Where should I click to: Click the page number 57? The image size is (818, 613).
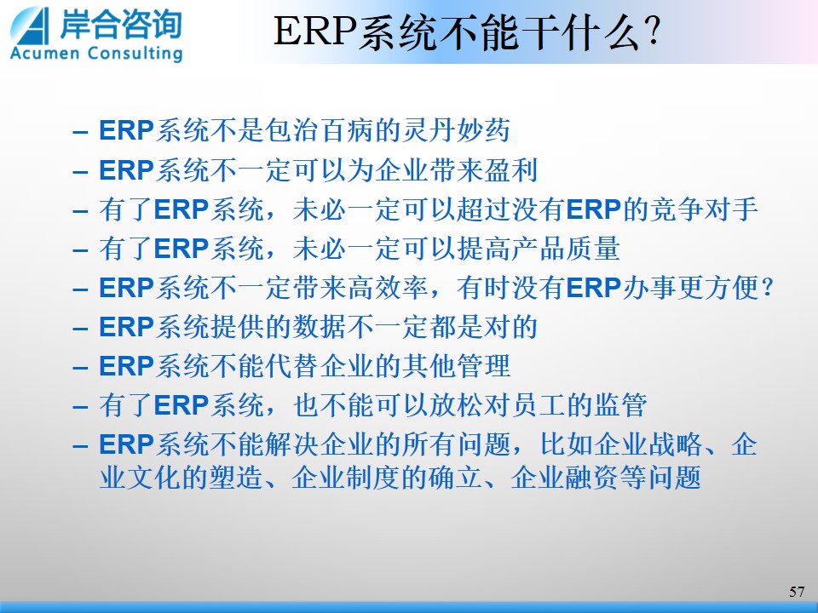coord(797,592)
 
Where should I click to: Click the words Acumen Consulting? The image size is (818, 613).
coord(96,54)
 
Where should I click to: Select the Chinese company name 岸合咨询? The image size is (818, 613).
coord(121,24)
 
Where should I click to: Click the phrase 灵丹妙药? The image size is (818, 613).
coord(456,130)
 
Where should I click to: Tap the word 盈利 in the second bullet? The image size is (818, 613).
coord(511,170)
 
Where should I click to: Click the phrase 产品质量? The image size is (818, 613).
coord(567,248)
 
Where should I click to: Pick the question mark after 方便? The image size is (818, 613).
coord(768,287)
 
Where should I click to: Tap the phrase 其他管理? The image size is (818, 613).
coord(456,366)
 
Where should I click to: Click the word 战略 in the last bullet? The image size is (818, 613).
coord(675,444)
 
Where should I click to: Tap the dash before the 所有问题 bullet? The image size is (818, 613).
coord(80,447)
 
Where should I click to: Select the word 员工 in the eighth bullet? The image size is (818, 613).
coord(539,405)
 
